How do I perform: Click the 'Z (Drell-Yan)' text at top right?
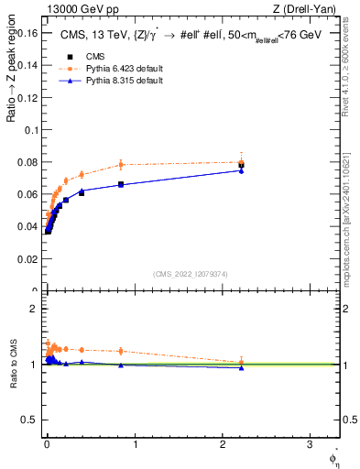(x=311, y=9)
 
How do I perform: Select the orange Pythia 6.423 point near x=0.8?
(x=120, y=165)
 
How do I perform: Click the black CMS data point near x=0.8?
(x=120, y=184)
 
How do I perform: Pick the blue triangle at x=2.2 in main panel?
(x=241, y=170)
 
